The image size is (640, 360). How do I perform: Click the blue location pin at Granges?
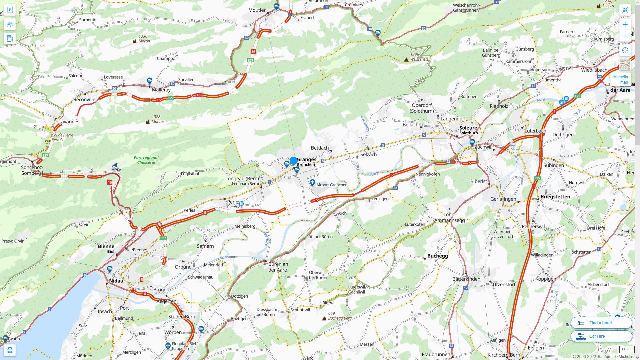(293, 161)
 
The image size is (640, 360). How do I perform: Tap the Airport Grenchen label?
(332, 185)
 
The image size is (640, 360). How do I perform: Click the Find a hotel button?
(601, 323)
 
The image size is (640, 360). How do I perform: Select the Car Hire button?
(601, 336)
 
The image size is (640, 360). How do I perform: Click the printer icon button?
(10, 350)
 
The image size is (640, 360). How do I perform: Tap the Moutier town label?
(257, 10)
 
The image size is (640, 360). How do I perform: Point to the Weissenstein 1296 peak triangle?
(406, 60)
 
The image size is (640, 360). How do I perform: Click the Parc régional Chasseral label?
(146, 160)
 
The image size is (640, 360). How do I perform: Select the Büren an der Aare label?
(278, 267)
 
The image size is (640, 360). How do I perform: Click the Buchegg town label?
(437, 256)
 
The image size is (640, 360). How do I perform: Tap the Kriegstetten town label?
(555, 197)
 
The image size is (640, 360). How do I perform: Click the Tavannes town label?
(69, 121)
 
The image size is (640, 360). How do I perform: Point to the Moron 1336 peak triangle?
(134, 41)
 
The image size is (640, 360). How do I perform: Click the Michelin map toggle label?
(620, 79)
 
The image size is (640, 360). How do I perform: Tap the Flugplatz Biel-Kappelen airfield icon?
(168, 346)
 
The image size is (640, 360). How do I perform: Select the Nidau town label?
(116, 281)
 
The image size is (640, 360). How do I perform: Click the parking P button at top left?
(10, 10)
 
